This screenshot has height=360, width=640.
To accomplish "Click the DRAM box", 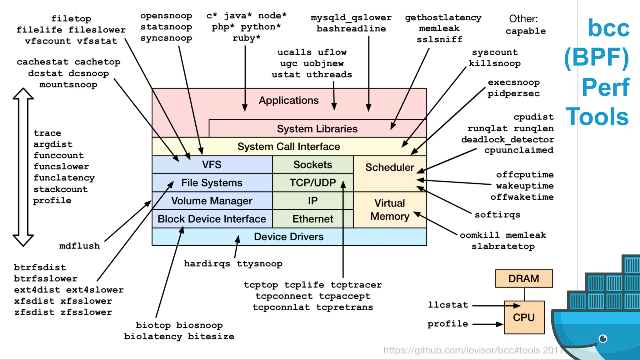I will [524, 278].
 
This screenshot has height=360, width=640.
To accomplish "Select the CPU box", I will [524, 317].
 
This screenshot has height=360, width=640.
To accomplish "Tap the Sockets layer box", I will [312, 165].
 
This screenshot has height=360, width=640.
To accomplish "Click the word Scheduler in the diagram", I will [389, 167].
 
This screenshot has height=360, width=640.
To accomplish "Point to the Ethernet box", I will [312, 219].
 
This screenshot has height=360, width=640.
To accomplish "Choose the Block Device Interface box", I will [212, 219].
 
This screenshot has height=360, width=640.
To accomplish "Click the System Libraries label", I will [317, 129].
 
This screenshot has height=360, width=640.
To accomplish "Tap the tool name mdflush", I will [79, 246].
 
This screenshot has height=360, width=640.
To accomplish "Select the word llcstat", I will [448, 305].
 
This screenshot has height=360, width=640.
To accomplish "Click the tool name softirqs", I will [497, 215].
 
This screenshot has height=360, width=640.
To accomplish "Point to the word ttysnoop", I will [259, 264].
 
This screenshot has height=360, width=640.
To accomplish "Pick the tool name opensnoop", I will [166, 16].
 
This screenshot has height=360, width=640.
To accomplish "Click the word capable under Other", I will [526, 31].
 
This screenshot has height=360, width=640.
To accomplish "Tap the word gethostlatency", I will [443, 17].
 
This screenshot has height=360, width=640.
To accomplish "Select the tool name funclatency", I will [64, 178].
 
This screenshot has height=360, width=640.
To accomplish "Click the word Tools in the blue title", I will [597, 117].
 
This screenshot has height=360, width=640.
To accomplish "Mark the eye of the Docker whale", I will [603, 338].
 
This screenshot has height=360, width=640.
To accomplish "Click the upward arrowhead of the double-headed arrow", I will [23, 94].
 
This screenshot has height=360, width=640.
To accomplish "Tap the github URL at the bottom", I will [472, 350].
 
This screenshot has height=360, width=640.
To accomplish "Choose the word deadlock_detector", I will [507, 139].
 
